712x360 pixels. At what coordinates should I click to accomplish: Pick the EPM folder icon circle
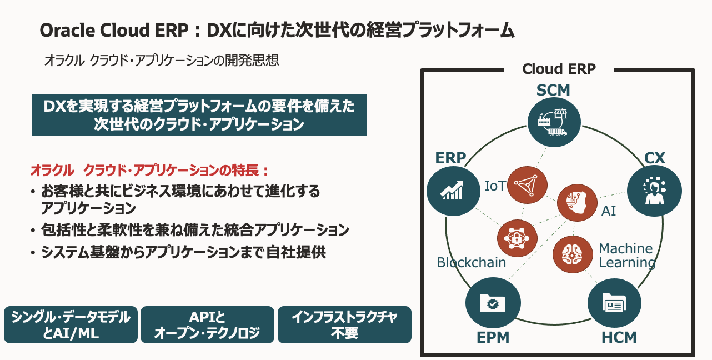tap(493, 303)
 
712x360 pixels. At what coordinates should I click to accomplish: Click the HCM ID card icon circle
tap(614, 303)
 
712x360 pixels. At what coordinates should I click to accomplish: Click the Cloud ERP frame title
tap(559, 69)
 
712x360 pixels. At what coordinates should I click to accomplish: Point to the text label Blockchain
tap(471, 262)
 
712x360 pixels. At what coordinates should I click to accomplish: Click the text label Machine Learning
tap(626, 256)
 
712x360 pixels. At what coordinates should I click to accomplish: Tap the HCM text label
tap(619, 337)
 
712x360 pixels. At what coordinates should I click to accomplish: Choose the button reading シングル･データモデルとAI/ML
tap(71, 324)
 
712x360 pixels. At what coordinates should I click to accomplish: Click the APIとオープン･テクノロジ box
tap(207, 324)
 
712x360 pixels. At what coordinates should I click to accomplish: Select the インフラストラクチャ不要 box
tap(344, 324)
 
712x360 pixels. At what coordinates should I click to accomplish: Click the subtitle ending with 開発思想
tap(161, 60)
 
